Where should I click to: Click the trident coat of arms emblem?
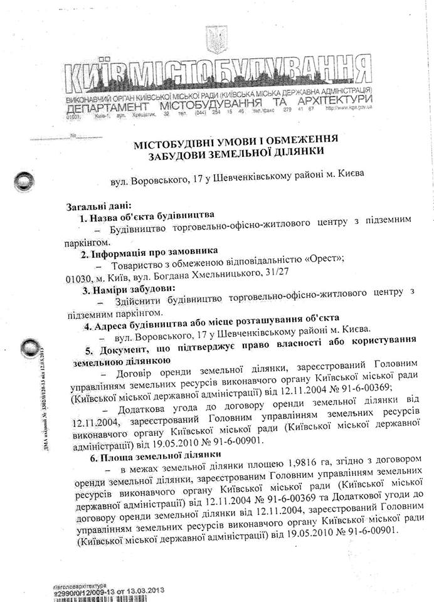coord(215,40)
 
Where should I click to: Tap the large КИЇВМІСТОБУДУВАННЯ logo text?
coord(216,77)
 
